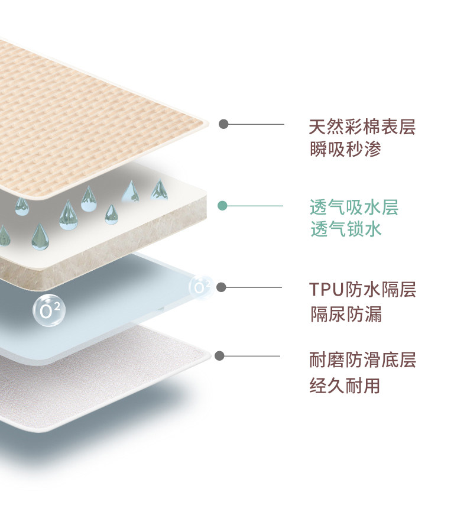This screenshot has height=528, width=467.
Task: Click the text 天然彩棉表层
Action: [362, 127]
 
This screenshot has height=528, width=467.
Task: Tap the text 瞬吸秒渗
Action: [346, 150]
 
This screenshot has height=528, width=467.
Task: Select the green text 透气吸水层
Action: [354, 208]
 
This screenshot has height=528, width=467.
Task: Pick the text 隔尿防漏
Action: [346, 314]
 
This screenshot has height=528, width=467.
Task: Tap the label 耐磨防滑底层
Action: [362, 359]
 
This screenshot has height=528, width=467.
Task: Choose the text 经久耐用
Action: [345, 386]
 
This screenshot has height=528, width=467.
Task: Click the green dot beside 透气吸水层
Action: [222, 206]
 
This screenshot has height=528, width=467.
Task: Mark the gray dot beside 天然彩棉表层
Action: [223, 124]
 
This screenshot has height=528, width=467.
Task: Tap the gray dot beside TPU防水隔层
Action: [221, 287]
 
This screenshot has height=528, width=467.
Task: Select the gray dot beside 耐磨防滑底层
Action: [220, 356]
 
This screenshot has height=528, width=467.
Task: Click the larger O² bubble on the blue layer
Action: [50, 309]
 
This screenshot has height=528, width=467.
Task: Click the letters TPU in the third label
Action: [325, 290]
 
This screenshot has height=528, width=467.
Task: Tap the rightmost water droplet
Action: [159, 190]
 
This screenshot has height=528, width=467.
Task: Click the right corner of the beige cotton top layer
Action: [207, 124]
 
